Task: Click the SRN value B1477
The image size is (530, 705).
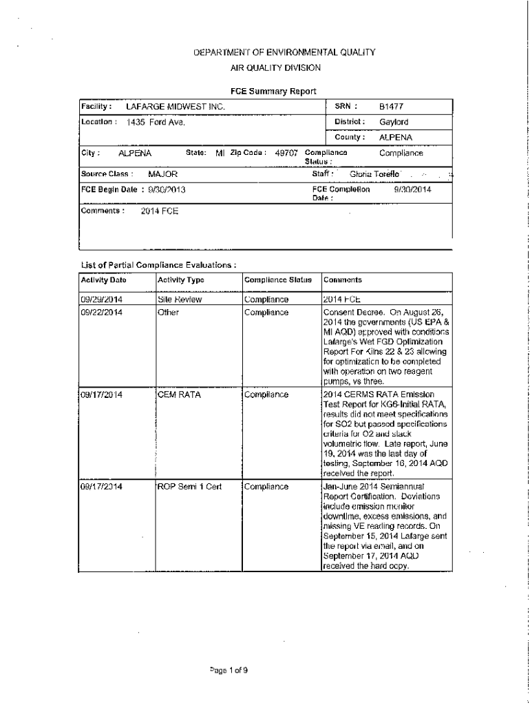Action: [x=391, y=107]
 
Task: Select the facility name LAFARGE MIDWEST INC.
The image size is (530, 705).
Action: [x=176, y=107]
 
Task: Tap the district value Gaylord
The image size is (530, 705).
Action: [x=394, y=123]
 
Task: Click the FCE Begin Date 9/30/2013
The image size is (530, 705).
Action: [x=167, y=189]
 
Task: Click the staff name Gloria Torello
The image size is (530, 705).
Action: [x=374, y=175]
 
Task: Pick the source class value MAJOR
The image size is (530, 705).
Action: [x=163, y=175]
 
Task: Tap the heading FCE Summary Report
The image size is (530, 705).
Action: [x=273, y=91]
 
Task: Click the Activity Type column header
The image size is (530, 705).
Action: [x=181, y=280]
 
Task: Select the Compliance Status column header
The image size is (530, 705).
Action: [x=278, y=280]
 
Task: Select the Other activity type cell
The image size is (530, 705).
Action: [x=168, y=313]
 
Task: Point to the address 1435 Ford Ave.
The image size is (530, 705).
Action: [x=156, y=123]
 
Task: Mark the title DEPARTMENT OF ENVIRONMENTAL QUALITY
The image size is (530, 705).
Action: [x=274, y=52]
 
